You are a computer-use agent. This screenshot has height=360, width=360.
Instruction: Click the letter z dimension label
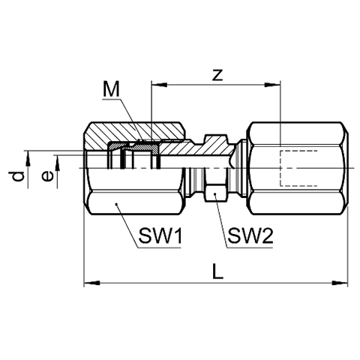pos(217,75)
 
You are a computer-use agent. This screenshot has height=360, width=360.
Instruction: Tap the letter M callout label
pos(111,89)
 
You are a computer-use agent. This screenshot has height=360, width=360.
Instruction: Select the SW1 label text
pos(160,236)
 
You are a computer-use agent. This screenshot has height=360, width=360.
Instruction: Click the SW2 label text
pos(250,236)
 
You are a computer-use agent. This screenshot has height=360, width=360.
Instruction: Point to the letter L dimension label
pos(217,271)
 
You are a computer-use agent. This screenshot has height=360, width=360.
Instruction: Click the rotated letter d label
pos(18,176)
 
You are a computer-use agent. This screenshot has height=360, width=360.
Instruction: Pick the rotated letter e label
pos(47,176)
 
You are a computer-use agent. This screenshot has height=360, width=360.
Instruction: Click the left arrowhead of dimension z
pos(159,85)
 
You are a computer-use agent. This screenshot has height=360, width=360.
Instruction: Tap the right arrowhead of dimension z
pos(273,85)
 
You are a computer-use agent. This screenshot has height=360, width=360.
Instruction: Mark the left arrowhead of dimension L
pos(91,283)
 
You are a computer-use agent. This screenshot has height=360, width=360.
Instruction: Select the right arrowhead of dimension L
pos(340,283)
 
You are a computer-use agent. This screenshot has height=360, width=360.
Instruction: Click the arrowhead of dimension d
pos(28,158)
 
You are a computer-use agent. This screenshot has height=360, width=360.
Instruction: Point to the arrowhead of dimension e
pos(58,163)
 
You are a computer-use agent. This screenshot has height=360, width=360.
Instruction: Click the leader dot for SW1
pos(116,205)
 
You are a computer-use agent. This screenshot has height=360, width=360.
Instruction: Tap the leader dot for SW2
pos(214,194)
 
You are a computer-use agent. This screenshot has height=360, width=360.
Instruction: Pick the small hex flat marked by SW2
pos(215,193)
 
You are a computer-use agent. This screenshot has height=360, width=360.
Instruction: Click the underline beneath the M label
pos(112,99)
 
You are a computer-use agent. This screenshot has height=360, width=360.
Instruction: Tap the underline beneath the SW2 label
pos(249,247)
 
